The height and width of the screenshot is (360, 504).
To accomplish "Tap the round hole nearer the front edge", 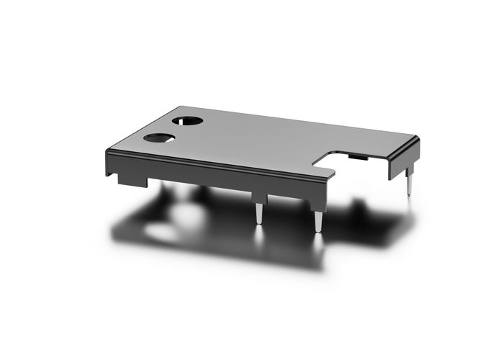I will coord(158,137).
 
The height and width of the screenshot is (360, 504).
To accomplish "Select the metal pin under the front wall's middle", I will coord(258,214).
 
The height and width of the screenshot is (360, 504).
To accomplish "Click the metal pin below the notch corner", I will coord(317,219).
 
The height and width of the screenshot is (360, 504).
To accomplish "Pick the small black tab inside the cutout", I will coord(355,154).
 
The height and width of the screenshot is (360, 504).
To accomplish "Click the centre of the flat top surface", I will coord(259,140).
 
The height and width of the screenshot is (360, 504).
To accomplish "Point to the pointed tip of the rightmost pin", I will coord(410,197).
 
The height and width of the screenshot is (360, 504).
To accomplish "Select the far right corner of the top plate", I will coord(418,139).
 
